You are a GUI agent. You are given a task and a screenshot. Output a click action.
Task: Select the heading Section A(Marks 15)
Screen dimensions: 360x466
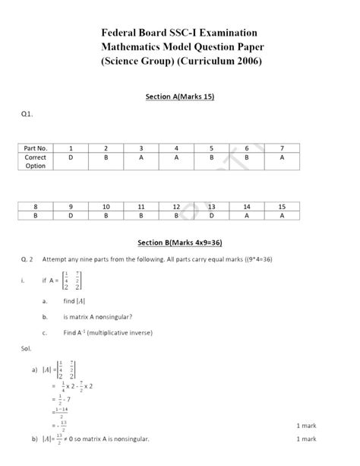(180, 97)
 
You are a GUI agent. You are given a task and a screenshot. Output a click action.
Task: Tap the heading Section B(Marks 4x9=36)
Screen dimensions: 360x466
(180, 243)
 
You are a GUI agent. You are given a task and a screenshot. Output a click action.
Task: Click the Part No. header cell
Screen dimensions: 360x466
(36, 147)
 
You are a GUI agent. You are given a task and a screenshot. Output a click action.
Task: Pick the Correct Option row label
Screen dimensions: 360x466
(36, 161)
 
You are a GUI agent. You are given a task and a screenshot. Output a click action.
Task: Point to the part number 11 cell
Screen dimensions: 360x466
(141, 206)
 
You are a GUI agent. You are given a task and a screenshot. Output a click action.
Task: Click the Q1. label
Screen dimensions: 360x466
(27, 114)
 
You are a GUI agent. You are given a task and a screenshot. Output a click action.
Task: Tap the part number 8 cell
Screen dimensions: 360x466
(36, 206)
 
